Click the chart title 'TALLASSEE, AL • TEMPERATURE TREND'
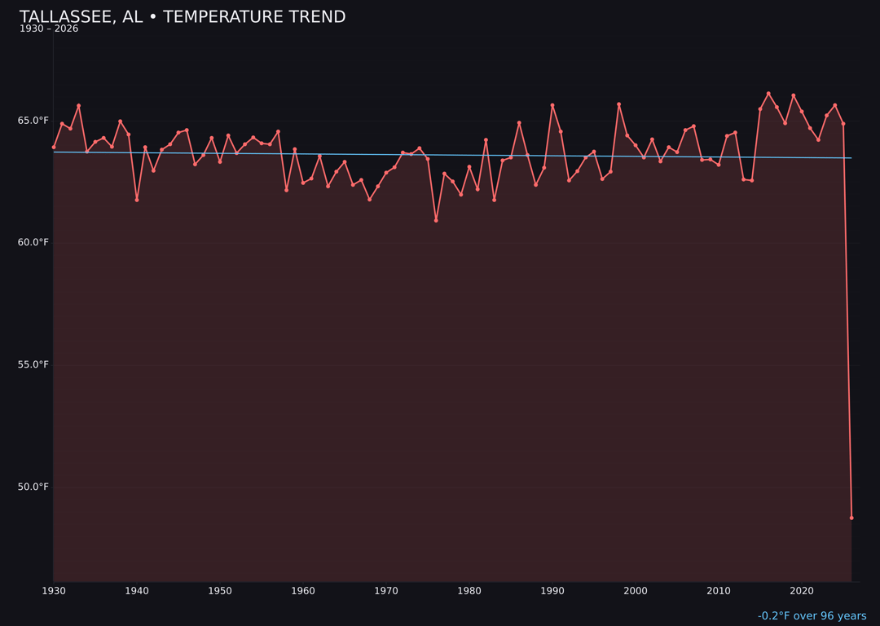[183, 17]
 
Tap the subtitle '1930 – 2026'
[49, 29]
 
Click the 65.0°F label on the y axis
[33, 121]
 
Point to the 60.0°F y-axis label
[33, 243]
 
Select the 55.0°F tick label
[33, 365]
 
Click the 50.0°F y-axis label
[33, 487]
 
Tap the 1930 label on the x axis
[54, 591]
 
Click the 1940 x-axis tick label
[137, 591]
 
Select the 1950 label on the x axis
[220, 591]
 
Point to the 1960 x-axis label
[303, 591]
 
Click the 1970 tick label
[386, 591]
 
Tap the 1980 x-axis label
[469, 591]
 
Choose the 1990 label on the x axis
[552, 591]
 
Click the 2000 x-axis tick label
[636, 591]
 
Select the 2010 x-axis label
[719, 591]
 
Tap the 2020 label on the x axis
[802, 591]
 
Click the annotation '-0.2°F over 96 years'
[812, 616]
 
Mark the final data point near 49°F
[851, 518]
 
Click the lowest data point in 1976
[436, 220]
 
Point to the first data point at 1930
[54, 148]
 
